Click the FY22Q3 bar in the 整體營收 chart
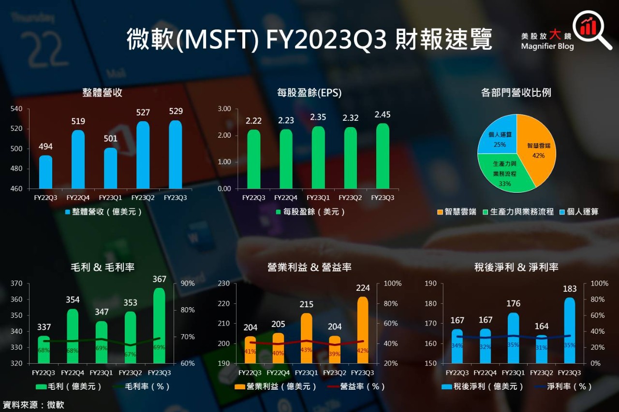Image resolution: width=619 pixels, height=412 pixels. tap(45, 172)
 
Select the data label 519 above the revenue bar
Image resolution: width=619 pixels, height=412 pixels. tap(78, 122)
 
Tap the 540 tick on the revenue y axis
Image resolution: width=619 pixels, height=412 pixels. tap(16, 109)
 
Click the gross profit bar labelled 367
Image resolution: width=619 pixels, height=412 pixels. tap(159, 326)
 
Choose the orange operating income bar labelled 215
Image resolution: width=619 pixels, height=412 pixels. tap(307, 338)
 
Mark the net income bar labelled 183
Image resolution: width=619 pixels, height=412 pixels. tap(570, 330)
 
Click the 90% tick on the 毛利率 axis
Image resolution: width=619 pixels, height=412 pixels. tap(187, 284)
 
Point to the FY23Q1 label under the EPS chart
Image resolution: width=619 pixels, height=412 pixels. tap(318, 198)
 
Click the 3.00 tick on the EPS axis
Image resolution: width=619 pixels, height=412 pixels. tap(224, 109)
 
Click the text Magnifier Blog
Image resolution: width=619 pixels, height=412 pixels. tap(547, 46)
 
